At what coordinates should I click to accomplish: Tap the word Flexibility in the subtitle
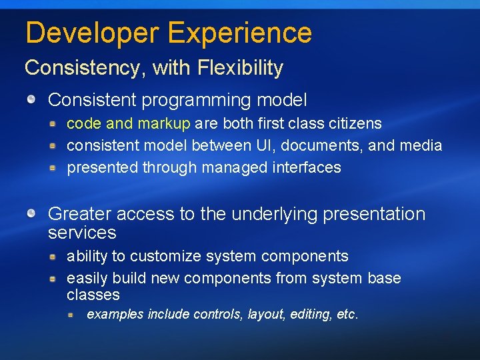tap(244, 68)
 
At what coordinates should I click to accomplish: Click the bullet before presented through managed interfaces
tap(53, 168)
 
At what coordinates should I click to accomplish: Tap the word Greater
tap(77, 214)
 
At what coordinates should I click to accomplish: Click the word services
tap(82, 233)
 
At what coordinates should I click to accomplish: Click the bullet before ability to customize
tap(53, 257)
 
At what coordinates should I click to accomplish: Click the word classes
tap(93, 295)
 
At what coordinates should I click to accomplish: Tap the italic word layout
tap(267, 314)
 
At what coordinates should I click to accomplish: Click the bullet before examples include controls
tap(71, 314)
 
